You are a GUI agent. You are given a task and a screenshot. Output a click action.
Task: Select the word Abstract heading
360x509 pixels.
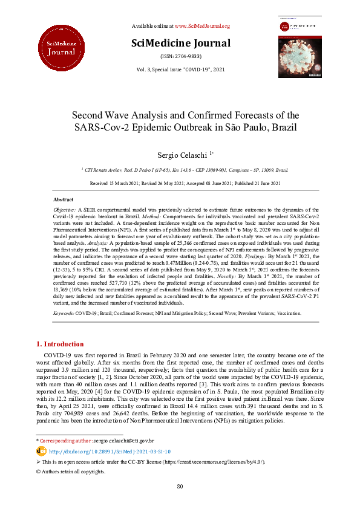(64, 199)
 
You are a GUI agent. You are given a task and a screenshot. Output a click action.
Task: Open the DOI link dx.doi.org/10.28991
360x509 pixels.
(109, 451)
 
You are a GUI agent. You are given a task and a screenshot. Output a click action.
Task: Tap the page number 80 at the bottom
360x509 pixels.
(180, 487)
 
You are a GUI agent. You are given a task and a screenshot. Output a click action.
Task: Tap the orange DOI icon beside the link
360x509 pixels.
(41, 451)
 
